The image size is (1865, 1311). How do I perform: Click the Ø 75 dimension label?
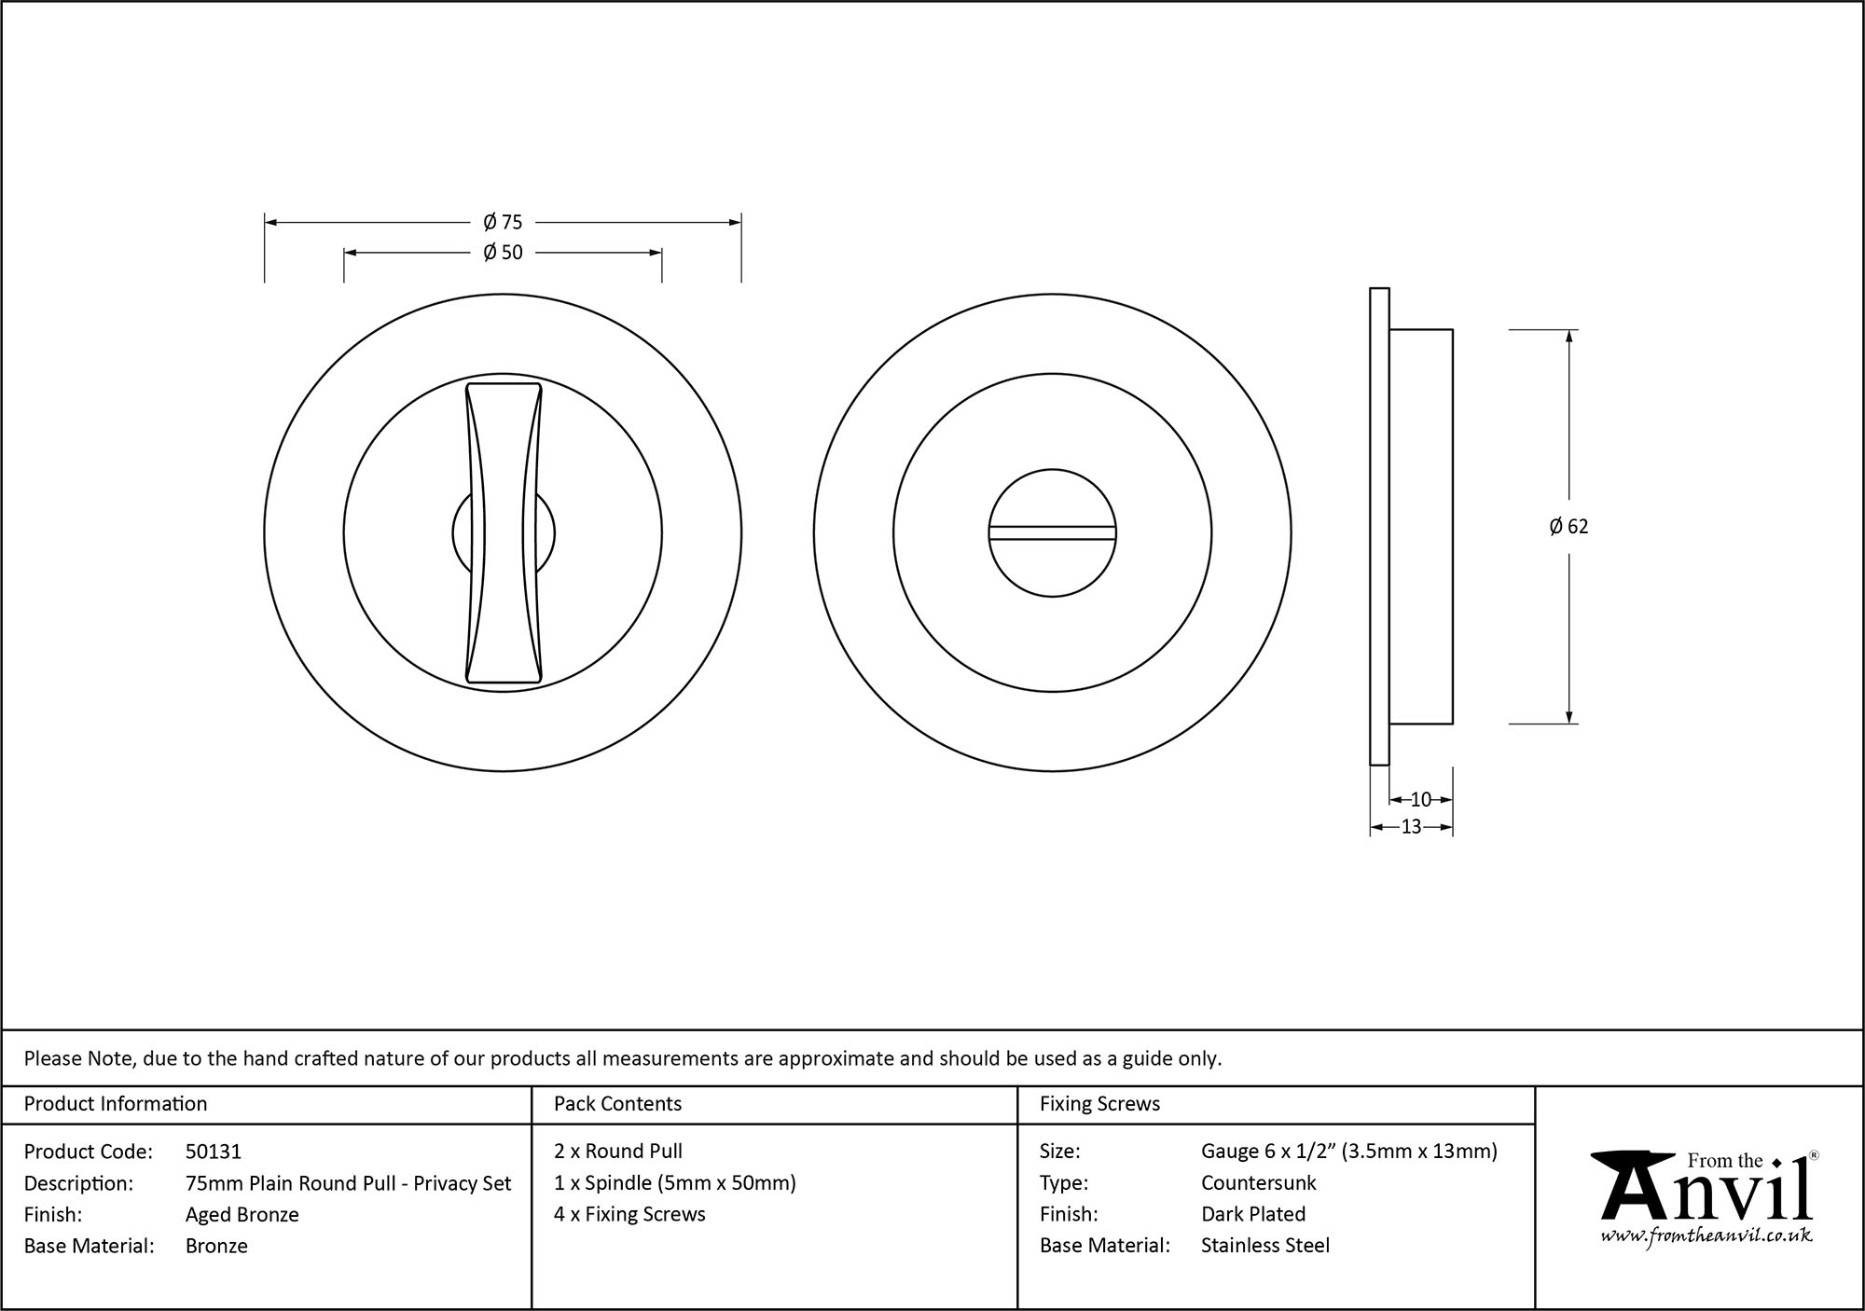503,222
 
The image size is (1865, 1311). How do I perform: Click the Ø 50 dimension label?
503,253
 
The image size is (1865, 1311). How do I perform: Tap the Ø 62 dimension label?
1568,527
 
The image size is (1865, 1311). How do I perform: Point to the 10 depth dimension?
1420,799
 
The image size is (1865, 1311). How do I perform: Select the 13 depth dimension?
1411,826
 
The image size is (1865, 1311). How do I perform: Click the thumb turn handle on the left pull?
504,533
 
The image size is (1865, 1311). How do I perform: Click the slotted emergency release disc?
1052,533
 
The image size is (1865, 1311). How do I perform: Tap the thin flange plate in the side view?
1379,527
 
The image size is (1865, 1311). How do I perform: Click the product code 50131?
214,1152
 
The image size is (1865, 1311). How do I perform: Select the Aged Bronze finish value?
242,1214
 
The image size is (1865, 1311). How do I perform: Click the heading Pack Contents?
617,1104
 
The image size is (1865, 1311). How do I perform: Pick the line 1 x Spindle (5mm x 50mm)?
674,1182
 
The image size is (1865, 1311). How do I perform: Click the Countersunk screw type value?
1258,1182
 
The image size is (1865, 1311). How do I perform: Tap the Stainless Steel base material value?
1264,1245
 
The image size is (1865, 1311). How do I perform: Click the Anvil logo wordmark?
1706,1194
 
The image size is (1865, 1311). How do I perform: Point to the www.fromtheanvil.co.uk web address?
1706,1235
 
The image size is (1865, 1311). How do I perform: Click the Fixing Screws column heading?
1099,1104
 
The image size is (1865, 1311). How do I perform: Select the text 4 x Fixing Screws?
629,1214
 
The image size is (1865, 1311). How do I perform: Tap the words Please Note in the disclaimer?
80,1058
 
